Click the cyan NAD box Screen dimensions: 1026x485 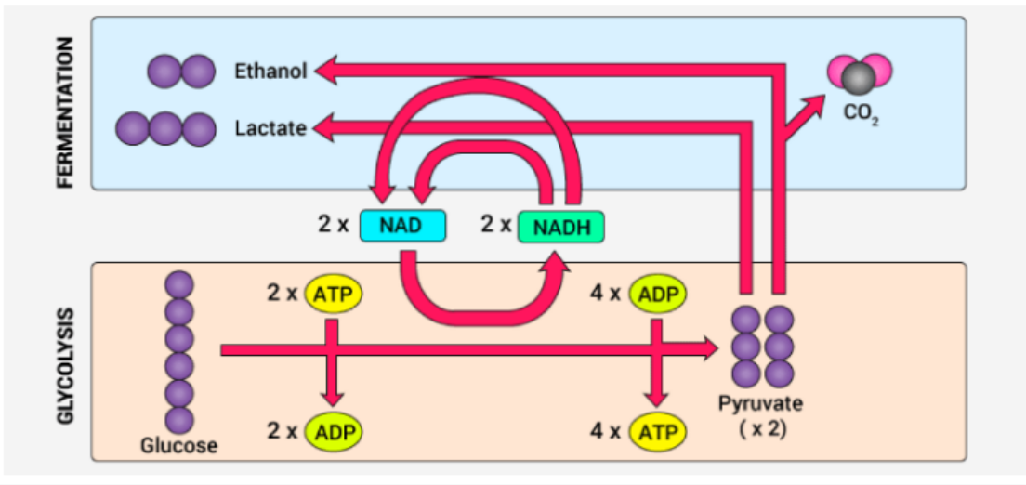402,226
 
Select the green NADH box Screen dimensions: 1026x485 560,227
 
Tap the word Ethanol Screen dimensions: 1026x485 270,71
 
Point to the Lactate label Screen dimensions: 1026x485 270,127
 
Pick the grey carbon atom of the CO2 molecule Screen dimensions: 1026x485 859,79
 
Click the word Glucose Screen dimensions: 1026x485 178,446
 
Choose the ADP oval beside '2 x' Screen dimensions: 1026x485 334,432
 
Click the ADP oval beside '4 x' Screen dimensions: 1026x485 657,294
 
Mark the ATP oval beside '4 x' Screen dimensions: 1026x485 657,432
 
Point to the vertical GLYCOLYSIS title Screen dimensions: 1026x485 65,362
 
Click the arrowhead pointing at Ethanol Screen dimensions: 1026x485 325,70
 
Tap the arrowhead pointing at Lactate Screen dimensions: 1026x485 325,127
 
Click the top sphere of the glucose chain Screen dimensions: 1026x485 178,284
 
